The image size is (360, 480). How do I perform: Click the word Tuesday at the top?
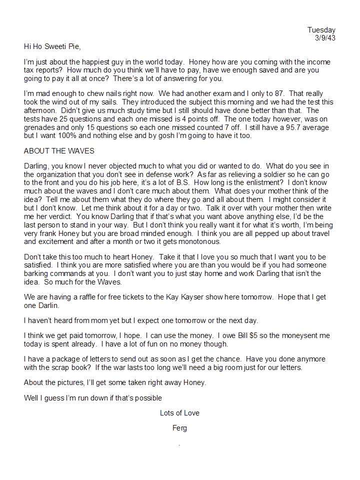point(321,30)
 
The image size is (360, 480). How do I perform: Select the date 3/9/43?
point(325,38)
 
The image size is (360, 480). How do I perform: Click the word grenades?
point(40,128)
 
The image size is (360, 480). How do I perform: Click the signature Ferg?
point(179,428)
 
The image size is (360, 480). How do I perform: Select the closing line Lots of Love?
point(179,413)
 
